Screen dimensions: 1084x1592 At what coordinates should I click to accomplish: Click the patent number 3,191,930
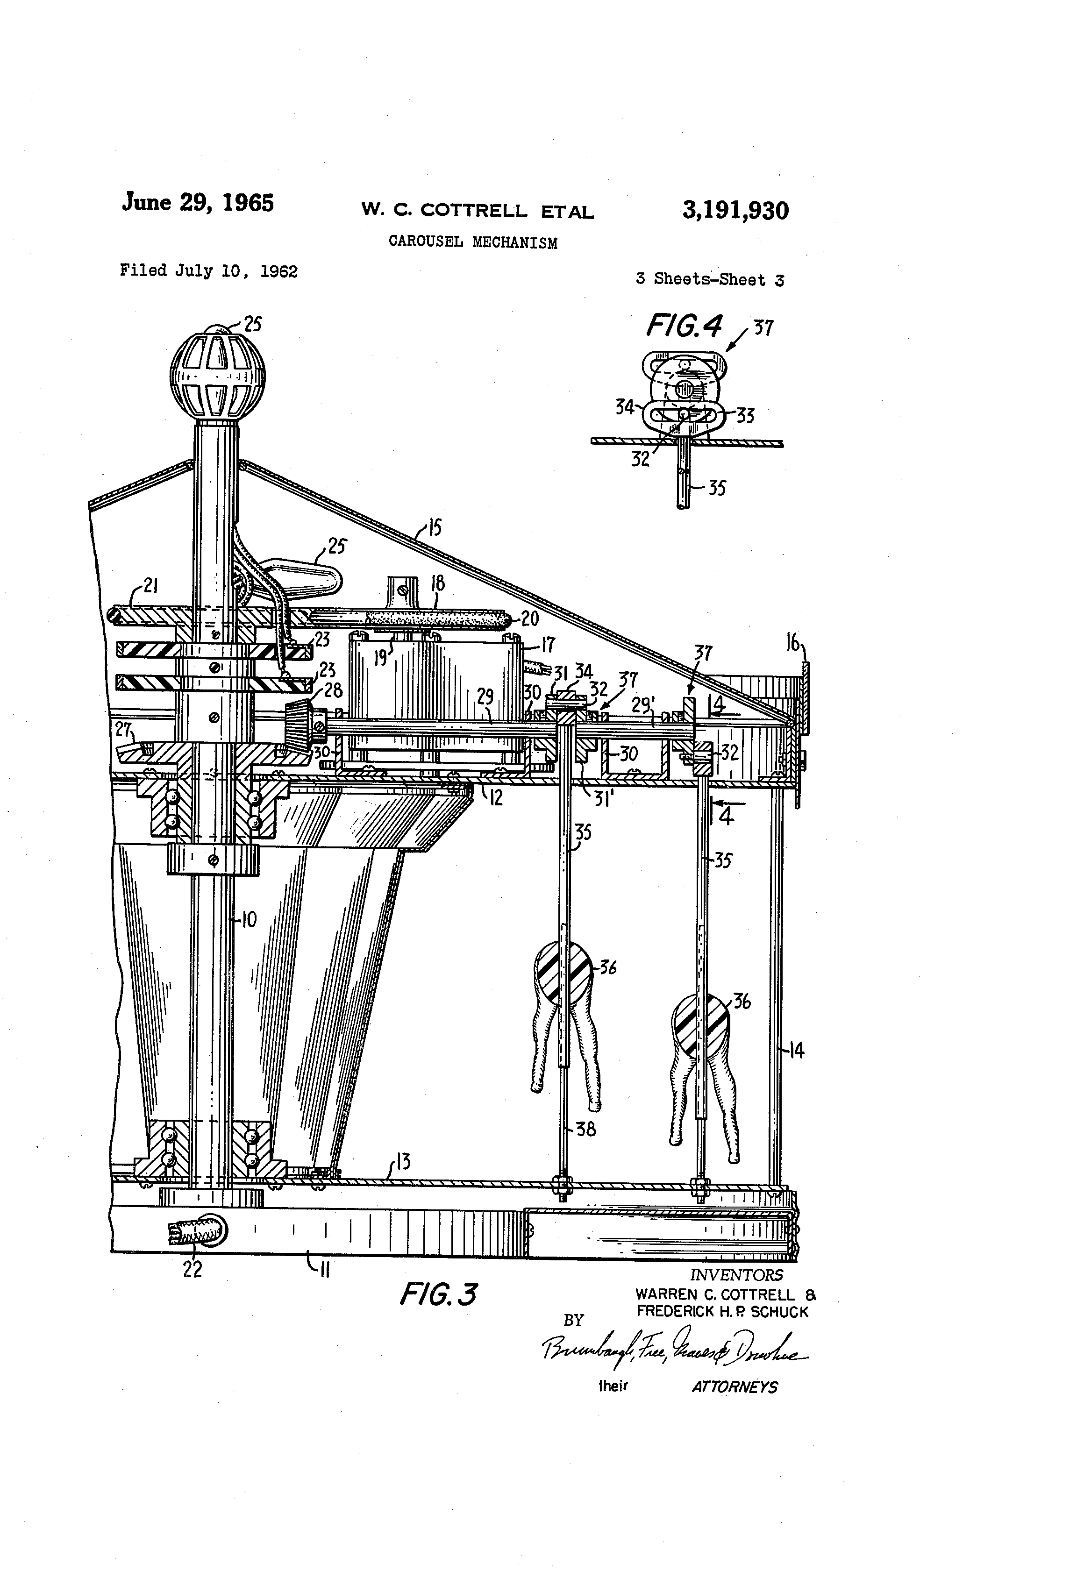(x=735, y=210)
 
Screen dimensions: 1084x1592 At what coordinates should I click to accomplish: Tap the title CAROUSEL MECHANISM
(x=473, y=242)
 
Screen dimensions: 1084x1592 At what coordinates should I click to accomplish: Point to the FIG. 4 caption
(x=683, y=327)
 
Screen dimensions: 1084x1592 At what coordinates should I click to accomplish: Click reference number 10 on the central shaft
(x=249, y=919)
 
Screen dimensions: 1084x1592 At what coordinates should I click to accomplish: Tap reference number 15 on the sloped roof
(x=435, y=527)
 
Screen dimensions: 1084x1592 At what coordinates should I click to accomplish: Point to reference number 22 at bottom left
(x=193, y=1269)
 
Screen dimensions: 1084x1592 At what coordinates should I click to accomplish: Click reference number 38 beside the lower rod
(x=586, y=1128)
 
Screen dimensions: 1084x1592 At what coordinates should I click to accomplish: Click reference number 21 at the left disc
(x=151, y=586)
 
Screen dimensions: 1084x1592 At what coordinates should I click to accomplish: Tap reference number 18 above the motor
(x=437, y=583)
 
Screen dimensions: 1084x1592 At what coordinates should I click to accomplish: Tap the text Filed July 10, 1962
(x=208, y=271)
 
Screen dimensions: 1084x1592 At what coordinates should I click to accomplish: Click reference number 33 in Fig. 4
(x=746, y=416)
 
